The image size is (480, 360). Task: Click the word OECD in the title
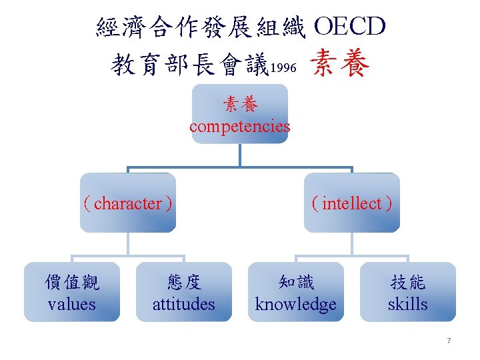(x=349, y=27)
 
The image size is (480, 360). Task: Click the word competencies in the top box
(x=240, y=126)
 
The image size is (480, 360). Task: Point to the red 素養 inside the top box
(x=240, y=105)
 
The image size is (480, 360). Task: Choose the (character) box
(x=128, y=203)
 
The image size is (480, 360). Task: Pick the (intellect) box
(x=352, y=203)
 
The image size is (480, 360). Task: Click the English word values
(x=72, y=304)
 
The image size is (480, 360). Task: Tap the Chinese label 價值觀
(x=72, y=283)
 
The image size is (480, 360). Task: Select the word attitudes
(x=184, y=304)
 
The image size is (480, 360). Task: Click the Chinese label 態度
(x=184, y=283)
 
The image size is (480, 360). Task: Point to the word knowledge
(x=296, y=304)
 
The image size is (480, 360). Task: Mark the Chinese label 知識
(x=296, y=283)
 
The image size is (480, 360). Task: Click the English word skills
(x=408, y=304)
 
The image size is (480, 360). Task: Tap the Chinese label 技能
(x=408, y=283)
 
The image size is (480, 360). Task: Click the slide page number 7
(x=449, y=341)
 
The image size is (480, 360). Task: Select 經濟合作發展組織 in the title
(x=201, y=27)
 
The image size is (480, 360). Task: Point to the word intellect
(x=352, y=203)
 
